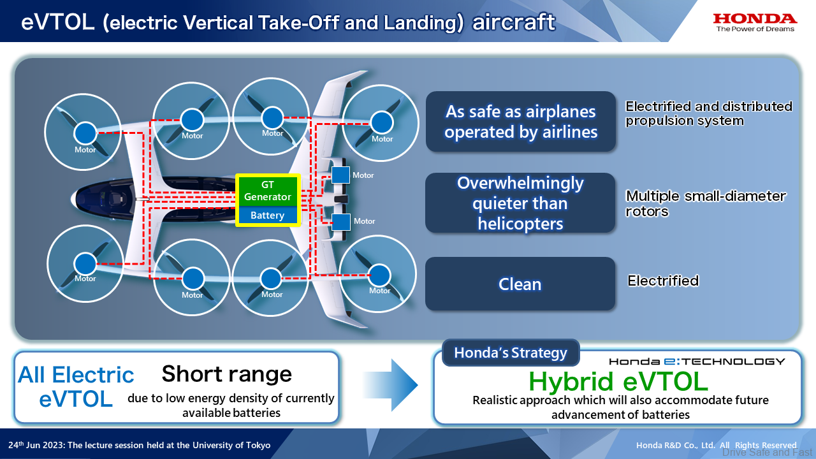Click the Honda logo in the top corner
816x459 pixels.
[755, 22]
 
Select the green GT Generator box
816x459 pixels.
[268, 191]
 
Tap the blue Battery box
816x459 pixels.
[268, 215]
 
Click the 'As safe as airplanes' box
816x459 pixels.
[520, 122]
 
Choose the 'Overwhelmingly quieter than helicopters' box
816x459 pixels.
[520, 203]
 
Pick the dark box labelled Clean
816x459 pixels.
[520, 284]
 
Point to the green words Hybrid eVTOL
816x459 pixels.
[618, 381]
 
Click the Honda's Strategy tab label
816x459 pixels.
[510, 353]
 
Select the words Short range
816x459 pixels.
[226, 374]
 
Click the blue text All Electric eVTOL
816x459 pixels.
[76, 386]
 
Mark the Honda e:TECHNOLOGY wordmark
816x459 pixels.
[696, 361]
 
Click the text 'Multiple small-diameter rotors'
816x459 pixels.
[706, 203]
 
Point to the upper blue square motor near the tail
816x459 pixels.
[340, 175]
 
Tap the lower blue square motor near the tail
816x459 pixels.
[341, 221]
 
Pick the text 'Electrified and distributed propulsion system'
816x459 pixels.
[708, 113]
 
